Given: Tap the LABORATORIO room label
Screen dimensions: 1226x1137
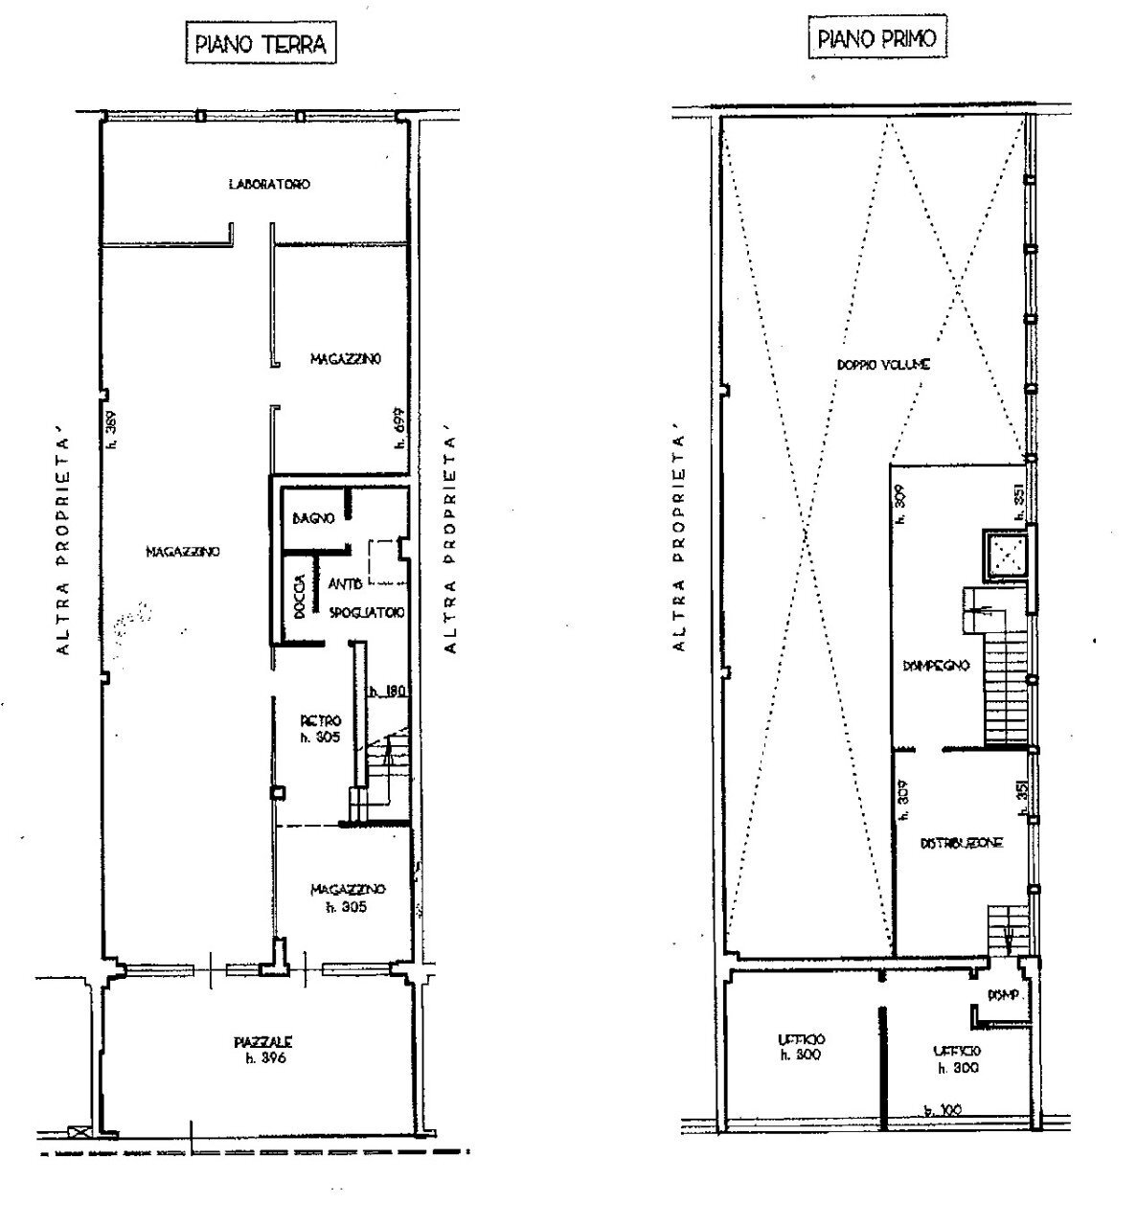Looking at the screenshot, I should [x=268, y=184].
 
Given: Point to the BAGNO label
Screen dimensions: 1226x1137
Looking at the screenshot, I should [x=313, y=518].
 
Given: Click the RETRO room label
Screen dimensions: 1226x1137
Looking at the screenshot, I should [x=321, y=720].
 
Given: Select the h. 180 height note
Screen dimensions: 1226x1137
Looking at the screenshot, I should [x=383, y=691].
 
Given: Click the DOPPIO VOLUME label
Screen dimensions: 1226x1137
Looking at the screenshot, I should [x=884, y=365].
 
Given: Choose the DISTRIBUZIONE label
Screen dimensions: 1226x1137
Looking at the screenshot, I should [x=961, y=843].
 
